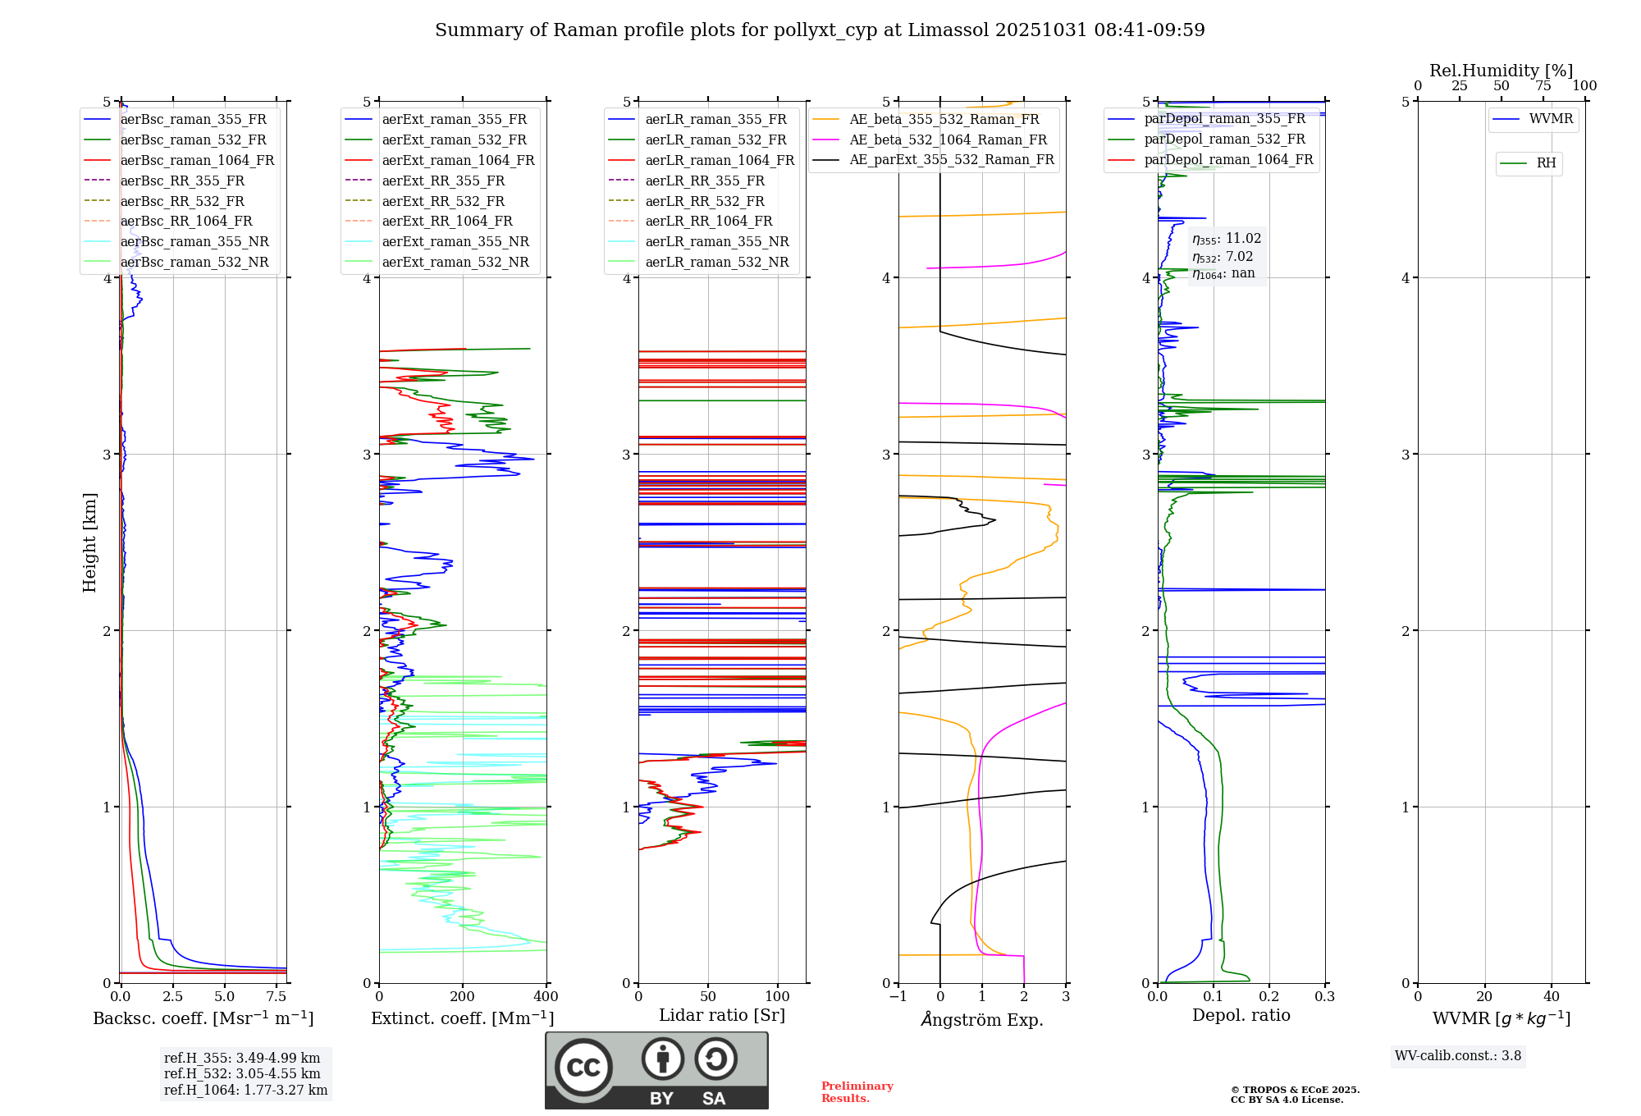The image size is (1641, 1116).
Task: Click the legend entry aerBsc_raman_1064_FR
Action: pos(197,161)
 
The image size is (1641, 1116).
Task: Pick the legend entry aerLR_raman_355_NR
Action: pos(716,242)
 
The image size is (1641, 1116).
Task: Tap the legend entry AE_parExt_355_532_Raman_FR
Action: pos(951,160)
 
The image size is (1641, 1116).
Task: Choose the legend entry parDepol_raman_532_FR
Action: pos(1224,139)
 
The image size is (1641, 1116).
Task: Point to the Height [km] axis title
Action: pos(89,542)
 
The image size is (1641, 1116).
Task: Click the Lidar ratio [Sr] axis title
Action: pos(722,1015)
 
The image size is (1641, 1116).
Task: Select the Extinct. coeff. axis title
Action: pos(463,1018)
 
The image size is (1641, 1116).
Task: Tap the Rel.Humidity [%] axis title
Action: pos(1501,71)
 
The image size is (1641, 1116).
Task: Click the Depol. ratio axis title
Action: pos(1241,1015)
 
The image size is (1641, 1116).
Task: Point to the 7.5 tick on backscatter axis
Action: pos(277,997)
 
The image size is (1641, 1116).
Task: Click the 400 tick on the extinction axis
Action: pos(546,997)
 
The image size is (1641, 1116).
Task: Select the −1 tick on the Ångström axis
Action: pos(898,997)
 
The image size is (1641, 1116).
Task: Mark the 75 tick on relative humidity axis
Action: pos(1543,86)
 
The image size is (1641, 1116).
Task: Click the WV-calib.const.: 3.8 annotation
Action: pos(1458,1056)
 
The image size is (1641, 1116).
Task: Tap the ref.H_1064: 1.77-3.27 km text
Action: pos(245,1091)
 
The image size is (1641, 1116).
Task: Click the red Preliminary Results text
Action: pos(857,1092)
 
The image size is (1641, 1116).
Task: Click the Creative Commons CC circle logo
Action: pos(583,1068)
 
